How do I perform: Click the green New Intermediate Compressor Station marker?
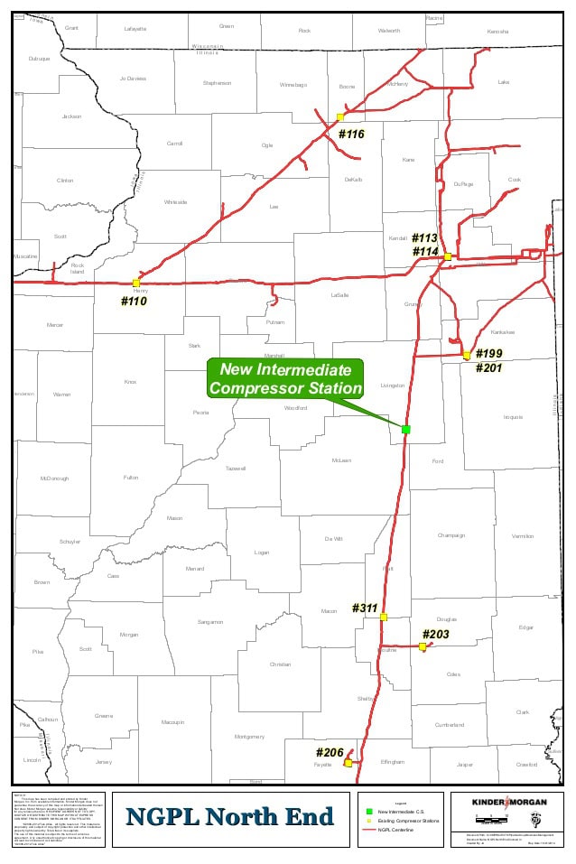pos(406,429)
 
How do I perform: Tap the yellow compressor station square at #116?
pos(340,116)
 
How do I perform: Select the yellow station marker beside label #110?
pos(136,283)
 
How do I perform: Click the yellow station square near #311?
pos(384,618)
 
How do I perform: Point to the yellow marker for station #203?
pos(423,646)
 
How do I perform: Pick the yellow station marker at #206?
pos(348,763)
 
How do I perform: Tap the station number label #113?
pos(424,238)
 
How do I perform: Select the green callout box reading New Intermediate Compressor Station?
pos(285,379)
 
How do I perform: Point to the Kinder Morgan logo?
pos(509,802)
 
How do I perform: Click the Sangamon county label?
pos(210,621)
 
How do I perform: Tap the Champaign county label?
pos(451,535)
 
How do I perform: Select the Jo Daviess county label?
pos(133,79)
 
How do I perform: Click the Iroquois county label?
pos(513,417)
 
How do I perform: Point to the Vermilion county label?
pos(523,535)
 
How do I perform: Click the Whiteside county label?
pos(176,201)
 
